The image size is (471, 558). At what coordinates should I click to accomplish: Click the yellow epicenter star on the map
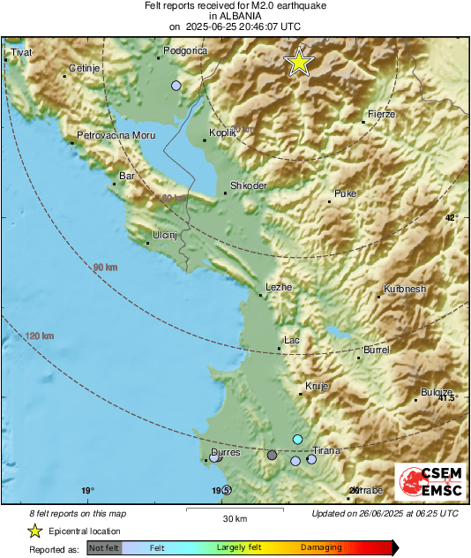[x=299, y=62]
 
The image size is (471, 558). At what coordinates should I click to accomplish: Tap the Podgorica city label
[x=185, y=52]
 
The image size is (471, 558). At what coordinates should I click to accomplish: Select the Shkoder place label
[x=248, y=186]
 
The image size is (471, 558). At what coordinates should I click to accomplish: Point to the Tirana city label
[x=326, y=450]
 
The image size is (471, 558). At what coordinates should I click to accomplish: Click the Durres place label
[x=225, y=452]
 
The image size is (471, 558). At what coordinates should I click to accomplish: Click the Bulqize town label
[x=437, y=392]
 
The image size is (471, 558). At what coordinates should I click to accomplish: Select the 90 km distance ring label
[x=105, y=267]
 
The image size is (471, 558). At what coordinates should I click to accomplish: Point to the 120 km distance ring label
[x=40, y=336]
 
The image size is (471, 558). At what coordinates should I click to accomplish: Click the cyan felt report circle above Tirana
[x=298, y=440]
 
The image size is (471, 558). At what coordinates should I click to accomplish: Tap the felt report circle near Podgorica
[x=176, y=86]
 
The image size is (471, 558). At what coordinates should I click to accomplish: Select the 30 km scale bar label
[x=234, y=517]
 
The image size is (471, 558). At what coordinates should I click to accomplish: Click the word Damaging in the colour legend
[x=321, y=547]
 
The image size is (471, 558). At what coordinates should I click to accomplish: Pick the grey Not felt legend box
[x=104, y=548]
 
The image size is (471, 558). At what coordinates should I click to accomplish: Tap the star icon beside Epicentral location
[x=34, y=531]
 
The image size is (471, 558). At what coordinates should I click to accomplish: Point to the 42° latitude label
[x=452, y=217]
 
